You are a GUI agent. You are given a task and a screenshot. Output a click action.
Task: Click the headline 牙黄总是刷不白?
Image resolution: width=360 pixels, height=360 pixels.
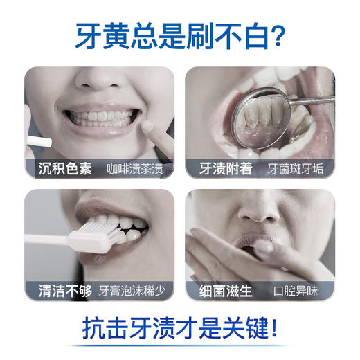tap(179, 34)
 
